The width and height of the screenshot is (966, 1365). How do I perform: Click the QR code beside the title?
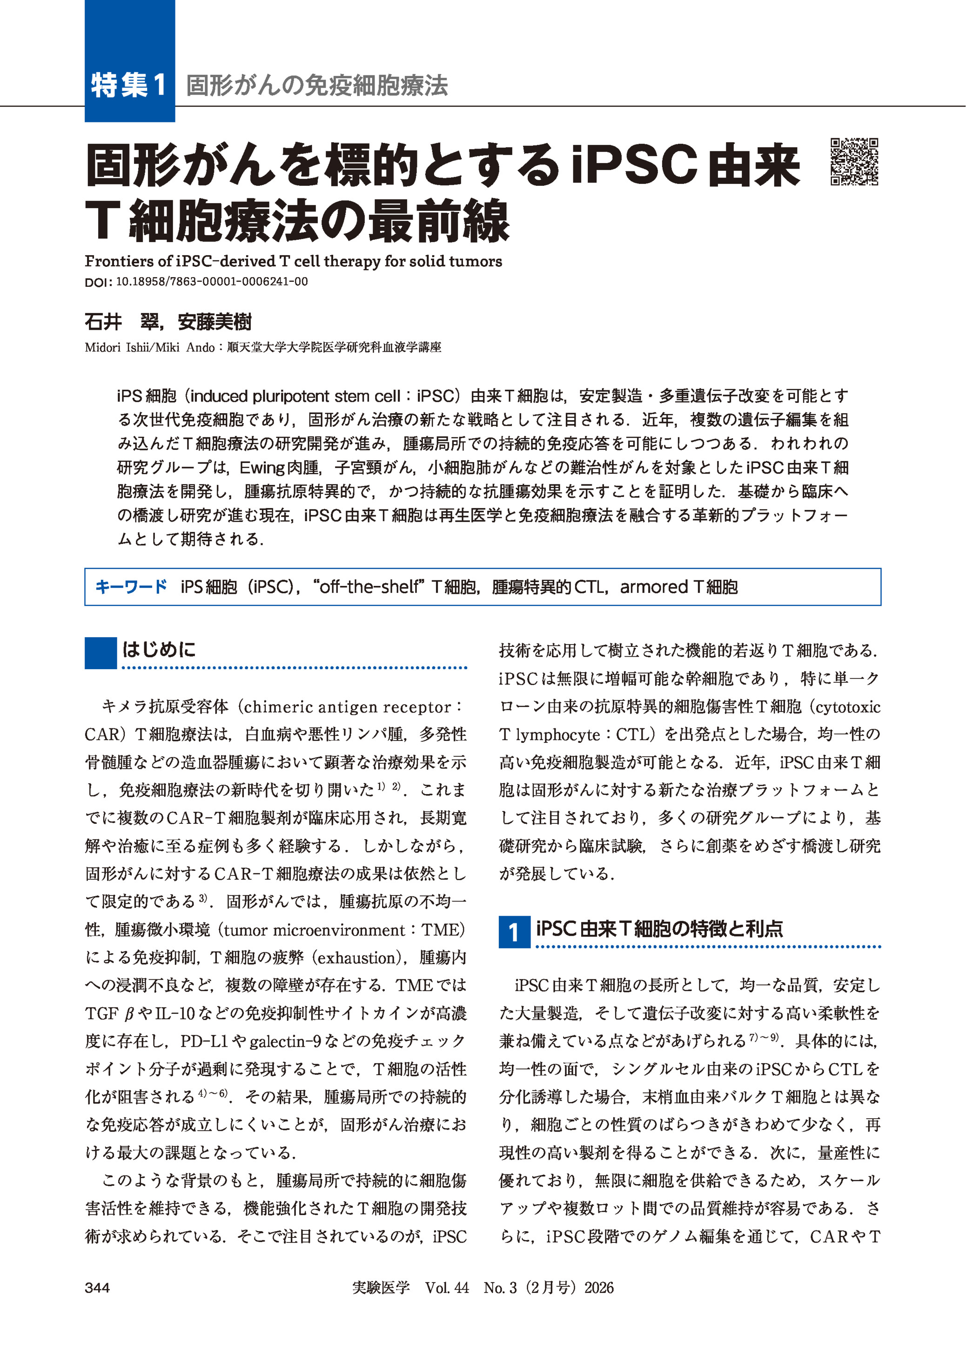click(x=854, y=162)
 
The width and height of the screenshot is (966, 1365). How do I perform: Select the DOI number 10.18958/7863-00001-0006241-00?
click(x=212, y=282)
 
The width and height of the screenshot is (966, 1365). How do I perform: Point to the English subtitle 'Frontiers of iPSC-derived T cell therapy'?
click(x=293, y=261)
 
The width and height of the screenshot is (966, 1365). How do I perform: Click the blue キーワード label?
click(x=132, y=587)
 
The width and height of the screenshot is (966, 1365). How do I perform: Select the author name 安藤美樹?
click(x=215, y=322)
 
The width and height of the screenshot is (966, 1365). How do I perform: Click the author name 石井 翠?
click(x=122, y=322)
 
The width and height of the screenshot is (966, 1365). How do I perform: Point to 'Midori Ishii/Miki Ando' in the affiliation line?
click(x=149, y=347)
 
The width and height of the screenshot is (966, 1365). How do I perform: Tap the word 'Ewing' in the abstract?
click(x=262, y=467)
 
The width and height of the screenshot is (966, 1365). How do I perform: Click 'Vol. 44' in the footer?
click(x=447, y=1288)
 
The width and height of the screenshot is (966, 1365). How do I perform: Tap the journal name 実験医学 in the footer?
click(x=381, y=1288)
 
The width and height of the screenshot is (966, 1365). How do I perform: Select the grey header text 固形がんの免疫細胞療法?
click(x=316, y=86)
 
